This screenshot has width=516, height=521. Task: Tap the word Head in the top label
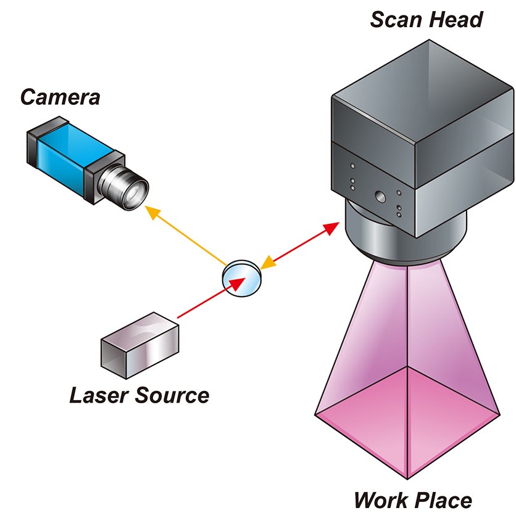pos(457,20)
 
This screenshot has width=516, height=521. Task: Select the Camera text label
pos(60,97)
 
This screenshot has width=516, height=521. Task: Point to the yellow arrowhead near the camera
pos(151,212)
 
